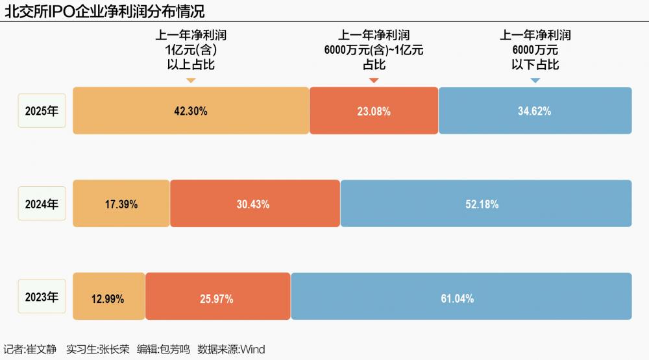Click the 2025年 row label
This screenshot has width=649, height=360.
pyautogui.click(x=42, y=111)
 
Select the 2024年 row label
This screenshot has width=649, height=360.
pyautogui.click(x=42, y=204)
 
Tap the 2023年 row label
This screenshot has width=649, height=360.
pyautogui.click(x=42, y=298)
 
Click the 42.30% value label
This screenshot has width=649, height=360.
pyautogui.click(x=191, y=111)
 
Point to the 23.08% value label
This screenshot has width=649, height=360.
pyautogui.click(x=374, y=112)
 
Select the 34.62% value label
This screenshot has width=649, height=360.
pyautogui.click(x=534, y=111)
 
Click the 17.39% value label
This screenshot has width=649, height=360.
pyautogui.click(x=121, y=204)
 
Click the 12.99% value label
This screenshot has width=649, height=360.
pyautogui.click(x=108, y=299)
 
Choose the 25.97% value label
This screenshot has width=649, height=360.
pyautogui.click(x=217, y=299)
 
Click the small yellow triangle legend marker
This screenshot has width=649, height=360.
pyautogui.click(x=191, y=80)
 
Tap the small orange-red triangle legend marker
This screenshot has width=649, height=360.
pyautogui.click(x=374, y=80)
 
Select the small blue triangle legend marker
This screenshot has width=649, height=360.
pyautogui.click(x=535, y=80)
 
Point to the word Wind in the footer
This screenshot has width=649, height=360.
pyautogui.click(x=252, y=349)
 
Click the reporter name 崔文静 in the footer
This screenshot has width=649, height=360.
pyautogui.click(x=42, y=349)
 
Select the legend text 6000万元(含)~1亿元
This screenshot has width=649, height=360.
pyautogui.click(x=374, y=50)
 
